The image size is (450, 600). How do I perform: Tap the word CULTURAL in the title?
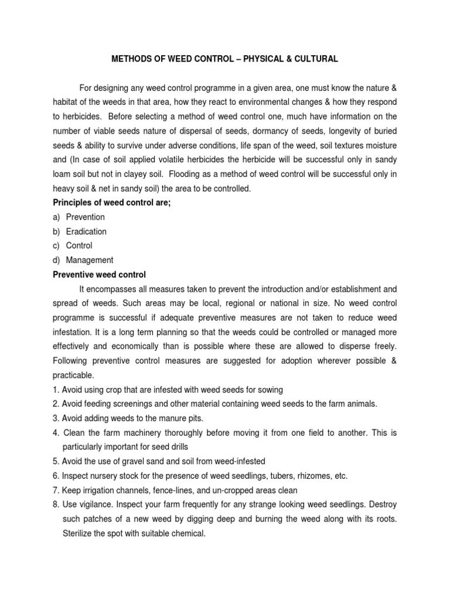click(313, 59)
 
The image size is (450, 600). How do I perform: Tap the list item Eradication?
click(86, 231)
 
